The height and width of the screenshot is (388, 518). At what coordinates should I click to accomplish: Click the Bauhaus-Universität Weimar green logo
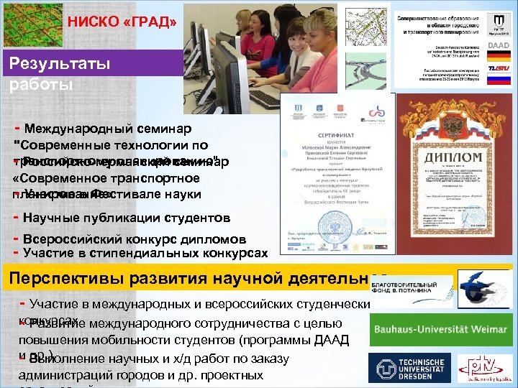440,330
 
